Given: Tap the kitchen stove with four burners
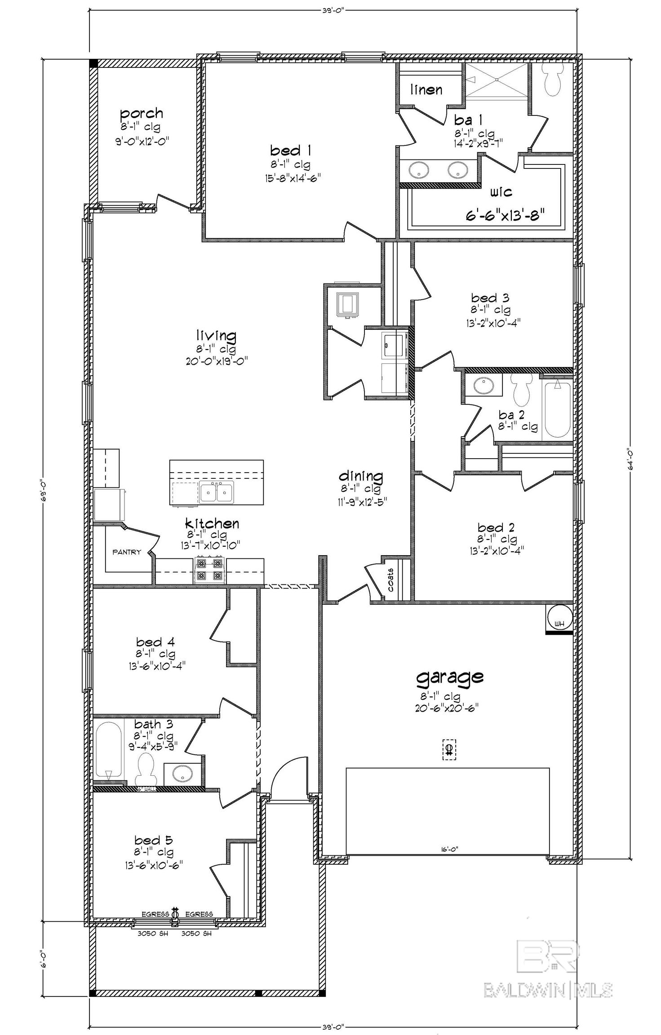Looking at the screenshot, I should (x=210, y=570).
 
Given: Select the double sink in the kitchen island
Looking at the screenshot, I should (x=217, y=492).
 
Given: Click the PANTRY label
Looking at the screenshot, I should (x=127, y=552).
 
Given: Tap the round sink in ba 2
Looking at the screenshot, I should (x=483, y=385).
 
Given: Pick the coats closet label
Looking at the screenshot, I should (x=390, y=580).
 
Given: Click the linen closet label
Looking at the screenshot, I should (x=426, y=90).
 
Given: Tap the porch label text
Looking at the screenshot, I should (x=141, y=113).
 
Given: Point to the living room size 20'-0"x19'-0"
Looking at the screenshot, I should (x=216, y=361).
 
